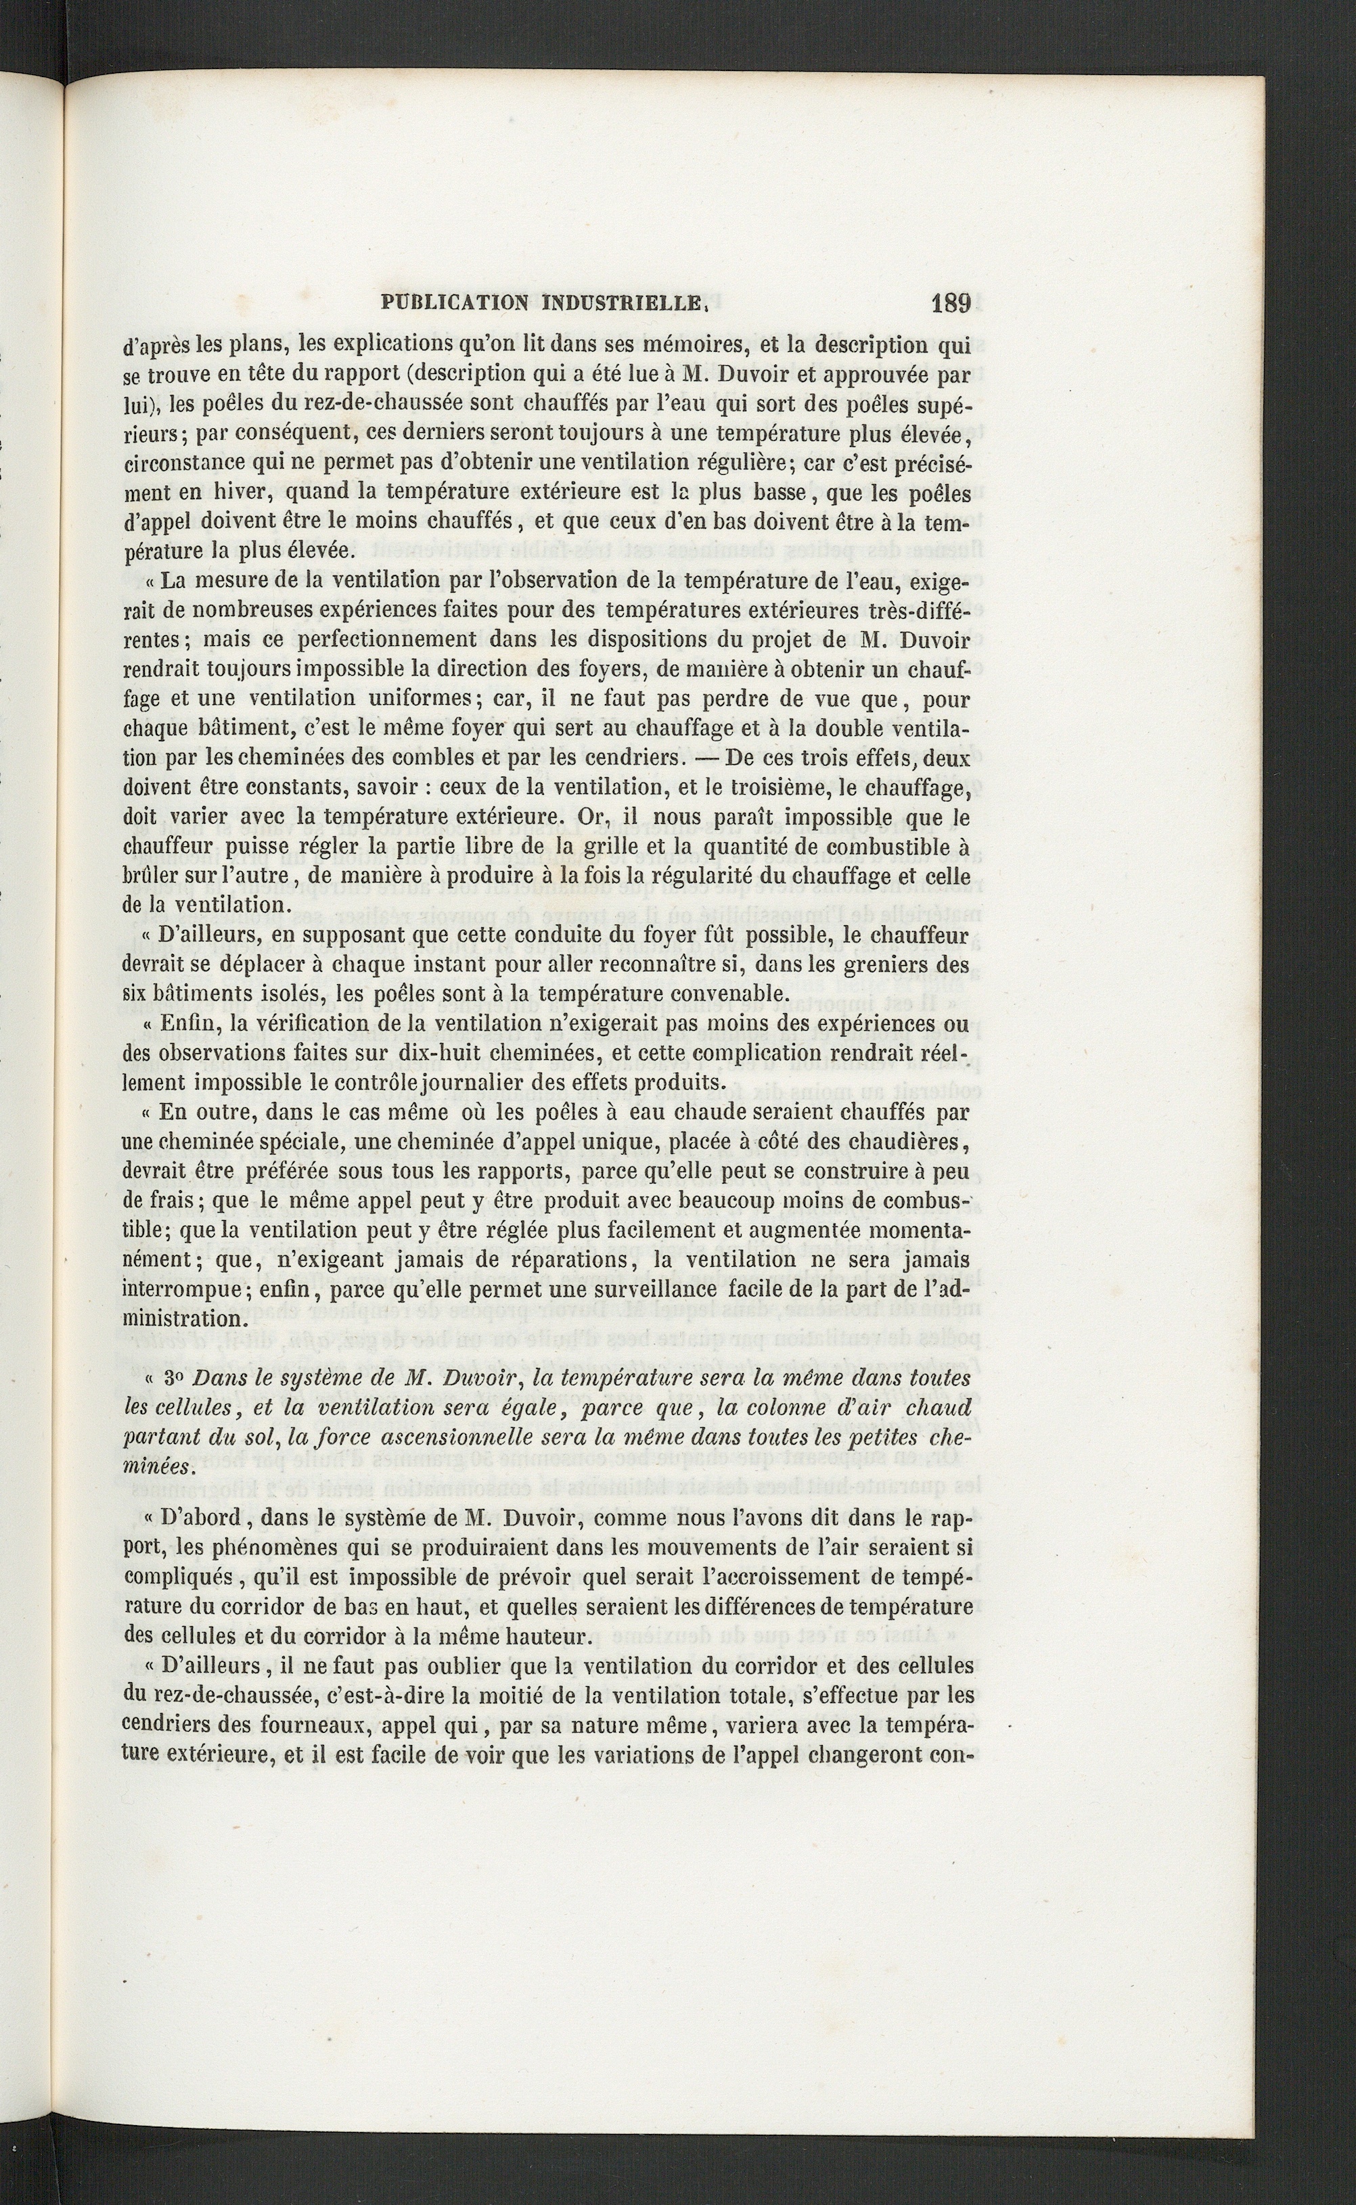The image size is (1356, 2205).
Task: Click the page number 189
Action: (x=951, y=304)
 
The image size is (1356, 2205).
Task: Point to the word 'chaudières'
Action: (x=907, y=1142)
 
